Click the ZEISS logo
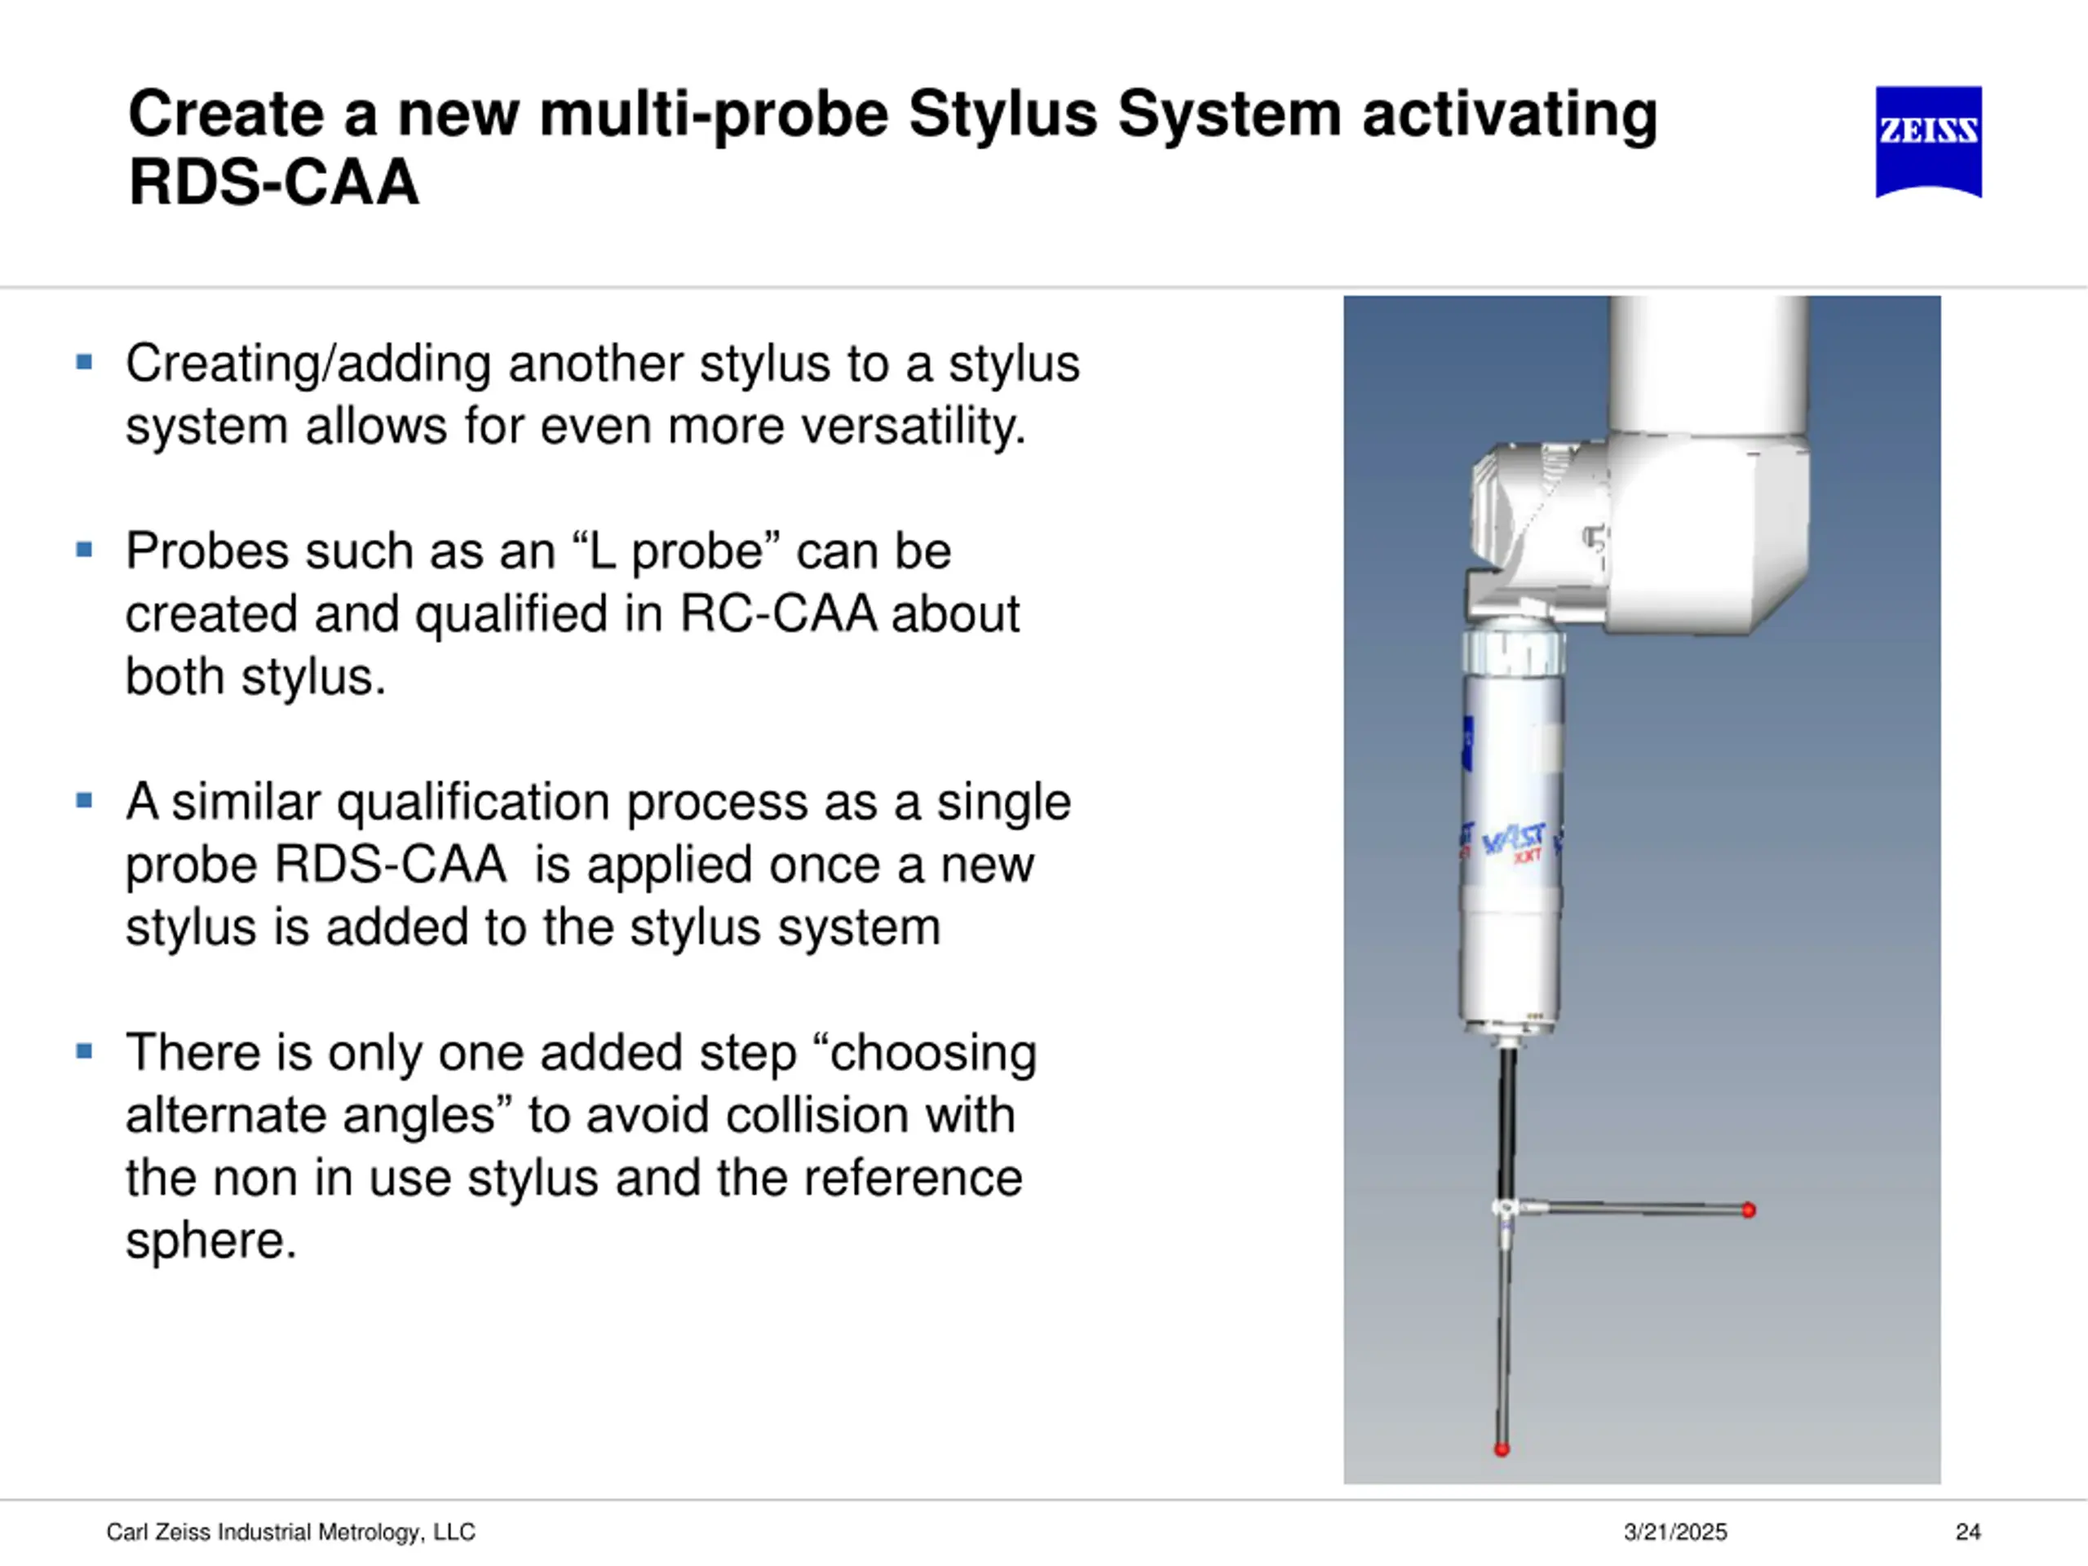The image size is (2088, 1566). (1927, 142)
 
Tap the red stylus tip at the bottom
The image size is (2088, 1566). (1502, 1449)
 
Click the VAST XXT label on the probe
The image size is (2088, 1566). (1514, 842)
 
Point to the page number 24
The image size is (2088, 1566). (1968, 1532)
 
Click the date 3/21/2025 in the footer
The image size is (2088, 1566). (1675, 1532)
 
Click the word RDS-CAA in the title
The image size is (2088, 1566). (274, 181)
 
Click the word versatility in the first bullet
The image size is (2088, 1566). (913, 426)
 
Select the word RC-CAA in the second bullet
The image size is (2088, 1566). (779, 613)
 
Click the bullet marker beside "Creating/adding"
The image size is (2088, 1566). (84, 362)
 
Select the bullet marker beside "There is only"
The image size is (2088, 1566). (84, 1051)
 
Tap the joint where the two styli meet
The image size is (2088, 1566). (1505, 1208)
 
